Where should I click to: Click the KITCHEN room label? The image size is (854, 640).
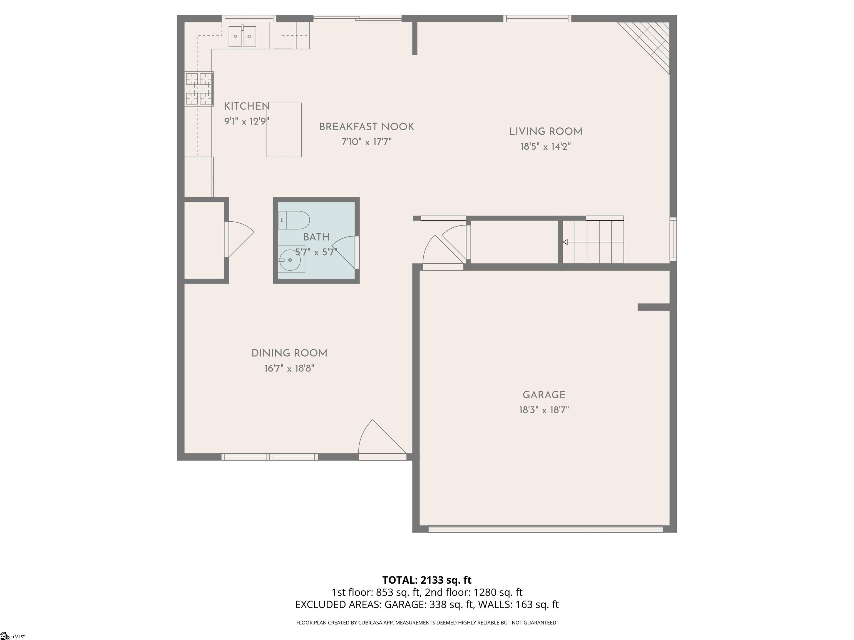point(247,106)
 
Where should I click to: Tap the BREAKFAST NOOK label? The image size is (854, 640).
point(366,127)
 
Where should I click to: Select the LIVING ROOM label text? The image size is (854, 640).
point(545,132)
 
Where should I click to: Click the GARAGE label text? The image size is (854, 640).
point(544,395)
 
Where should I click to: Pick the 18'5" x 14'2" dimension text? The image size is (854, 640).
point(545,147)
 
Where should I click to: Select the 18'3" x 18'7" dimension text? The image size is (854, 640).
point(544,410)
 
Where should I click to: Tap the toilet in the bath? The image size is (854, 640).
point(294,220)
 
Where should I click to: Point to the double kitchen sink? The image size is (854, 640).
point(242,37)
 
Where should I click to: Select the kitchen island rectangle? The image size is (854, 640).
point(284,130)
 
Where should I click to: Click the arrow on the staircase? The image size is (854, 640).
point(593,242)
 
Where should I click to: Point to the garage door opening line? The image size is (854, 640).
point(545,529)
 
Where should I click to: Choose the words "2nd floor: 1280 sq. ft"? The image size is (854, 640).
point(474,592)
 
